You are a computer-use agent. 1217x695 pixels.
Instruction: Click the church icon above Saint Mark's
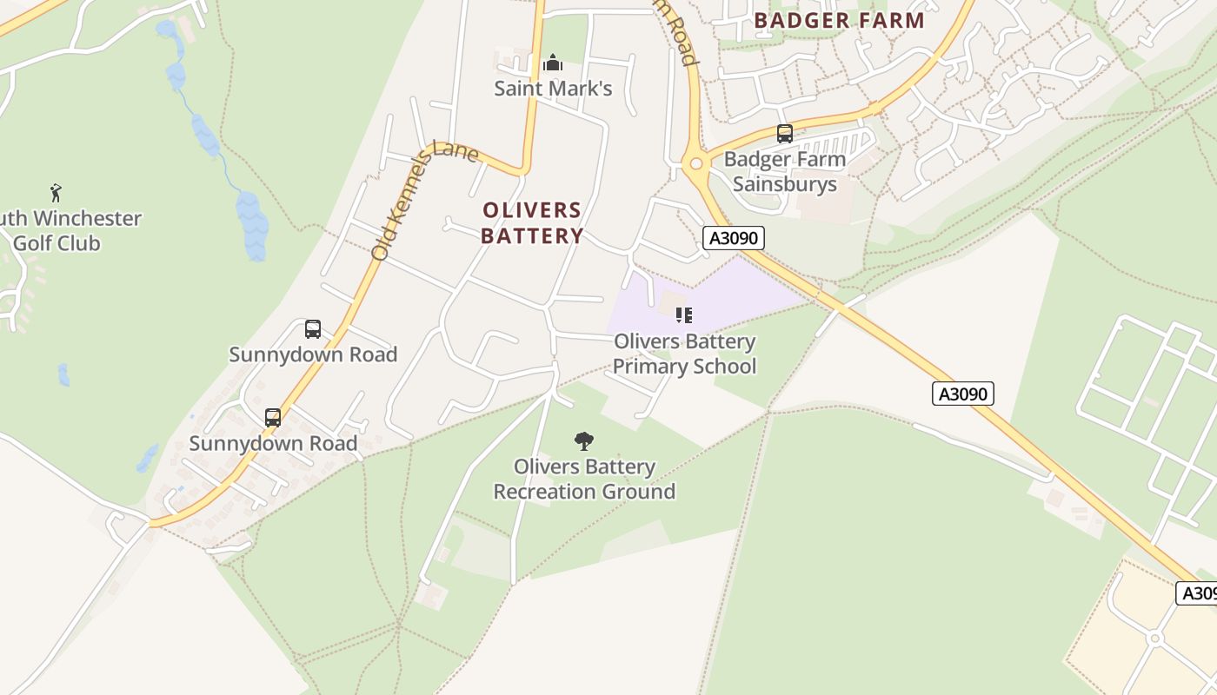point(552,63)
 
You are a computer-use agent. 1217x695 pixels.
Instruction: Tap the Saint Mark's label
point(553,89)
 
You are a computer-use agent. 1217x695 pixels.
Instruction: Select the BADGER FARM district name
point(839,20)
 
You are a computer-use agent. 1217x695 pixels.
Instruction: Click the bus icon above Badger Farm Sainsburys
point(784,134)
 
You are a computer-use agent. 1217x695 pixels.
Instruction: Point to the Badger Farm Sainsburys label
point(784,171)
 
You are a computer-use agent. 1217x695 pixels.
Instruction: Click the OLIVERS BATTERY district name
point(532,223)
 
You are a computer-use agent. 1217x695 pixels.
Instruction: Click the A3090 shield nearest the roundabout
point(733,238)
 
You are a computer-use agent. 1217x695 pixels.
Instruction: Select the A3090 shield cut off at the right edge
point(1197,593)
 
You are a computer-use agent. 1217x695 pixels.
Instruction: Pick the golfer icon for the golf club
point(57,193)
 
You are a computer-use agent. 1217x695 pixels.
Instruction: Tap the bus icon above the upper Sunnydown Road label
point(313,329)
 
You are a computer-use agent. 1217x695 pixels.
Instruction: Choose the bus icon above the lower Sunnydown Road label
point(273,418)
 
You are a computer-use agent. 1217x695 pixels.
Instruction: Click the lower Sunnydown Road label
point(273,443)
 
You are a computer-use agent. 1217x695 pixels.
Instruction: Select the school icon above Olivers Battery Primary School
point(684,315)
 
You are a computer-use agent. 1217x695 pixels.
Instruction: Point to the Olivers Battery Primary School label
point(684,354)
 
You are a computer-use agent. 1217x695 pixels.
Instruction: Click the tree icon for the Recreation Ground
point(584,441)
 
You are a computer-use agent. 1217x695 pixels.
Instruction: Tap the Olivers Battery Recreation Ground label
point(584,479)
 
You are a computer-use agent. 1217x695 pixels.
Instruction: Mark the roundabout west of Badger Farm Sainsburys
point(695,163)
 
